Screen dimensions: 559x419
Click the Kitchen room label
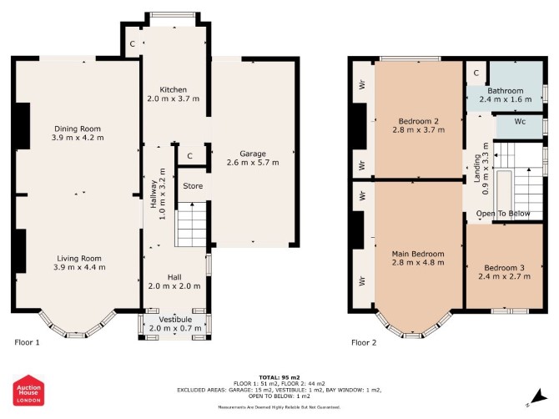(173, 89)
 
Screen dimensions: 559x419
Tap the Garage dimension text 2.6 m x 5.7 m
(253, 163)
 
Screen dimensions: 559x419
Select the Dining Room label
(78, 129)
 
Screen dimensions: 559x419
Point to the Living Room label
(79, 259)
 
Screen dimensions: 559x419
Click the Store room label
(193, 186)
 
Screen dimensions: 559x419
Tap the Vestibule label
(175, 320)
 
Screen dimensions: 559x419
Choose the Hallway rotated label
(154, 194)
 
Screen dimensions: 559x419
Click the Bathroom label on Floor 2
(506, 91)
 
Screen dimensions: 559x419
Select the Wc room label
(520, 122)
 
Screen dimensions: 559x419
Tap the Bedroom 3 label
(504, 268)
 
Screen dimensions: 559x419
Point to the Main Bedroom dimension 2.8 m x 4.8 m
(418, 263)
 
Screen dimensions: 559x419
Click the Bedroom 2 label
(419, 121)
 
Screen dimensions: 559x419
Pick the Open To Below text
(503, 214)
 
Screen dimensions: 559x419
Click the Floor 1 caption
(27, 343)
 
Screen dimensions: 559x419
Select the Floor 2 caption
(364, 343)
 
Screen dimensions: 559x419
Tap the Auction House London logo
(29, 390)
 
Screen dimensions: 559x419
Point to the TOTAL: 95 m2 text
(279, 377)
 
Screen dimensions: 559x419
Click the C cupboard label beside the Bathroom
(476, 73)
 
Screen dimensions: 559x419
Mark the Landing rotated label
(476, 169)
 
